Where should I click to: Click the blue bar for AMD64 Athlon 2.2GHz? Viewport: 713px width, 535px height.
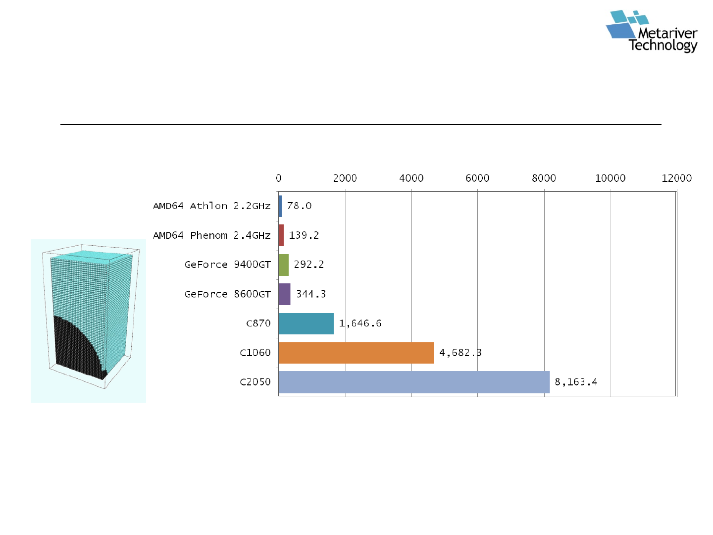(x=280, y=206)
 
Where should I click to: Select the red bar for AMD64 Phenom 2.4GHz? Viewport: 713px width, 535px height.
(x=281, y=235)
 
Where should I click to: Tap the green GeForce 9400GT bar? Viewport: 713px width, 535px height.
(x=284, y=265)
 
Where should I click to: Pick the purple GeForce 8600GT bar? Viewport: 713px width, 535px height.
(x=285, y=294)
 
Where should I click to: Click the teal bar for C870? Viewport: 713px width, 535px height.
(x=306, y=323)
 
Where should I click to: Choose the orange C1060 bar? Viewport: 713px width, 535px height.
(x=356, y=352)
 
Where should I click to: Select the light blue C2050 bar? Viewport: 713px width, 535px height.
(x=414, y=382)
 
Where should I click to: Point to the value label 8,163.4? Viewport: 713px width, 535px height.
(x=575, y=381)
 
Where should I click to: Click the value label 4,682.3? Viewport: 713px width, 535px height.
(x=460, y=352)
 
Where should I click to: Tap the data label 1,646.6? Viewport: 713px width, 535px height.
(x=360, y=323)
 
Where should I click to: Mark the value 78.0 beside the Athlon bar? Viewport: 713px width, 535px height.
(x=299, y=206)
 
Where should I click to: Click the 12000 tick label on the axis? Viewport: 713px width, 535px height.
(x=676, y=178)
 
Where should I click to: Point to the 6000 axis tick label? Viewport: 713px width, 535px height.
(x=477, y=178)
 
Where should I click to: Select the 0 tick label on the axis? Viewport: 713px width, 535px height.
(x=278, y=178)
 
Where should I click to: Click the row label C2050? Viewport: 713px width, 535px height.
(x=255, y=381)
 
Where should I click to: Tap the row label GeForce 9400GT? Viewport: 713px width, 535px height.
(x=227, y=265)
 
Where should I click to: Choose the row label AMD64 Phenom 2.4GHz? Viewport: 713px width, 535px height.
(x=211, y=235)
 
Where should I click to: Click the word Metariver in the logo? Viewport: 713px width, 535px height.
(x=667, y=33)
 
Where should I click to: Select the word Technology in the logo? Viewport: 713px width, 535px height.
(x=662, y=46)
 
